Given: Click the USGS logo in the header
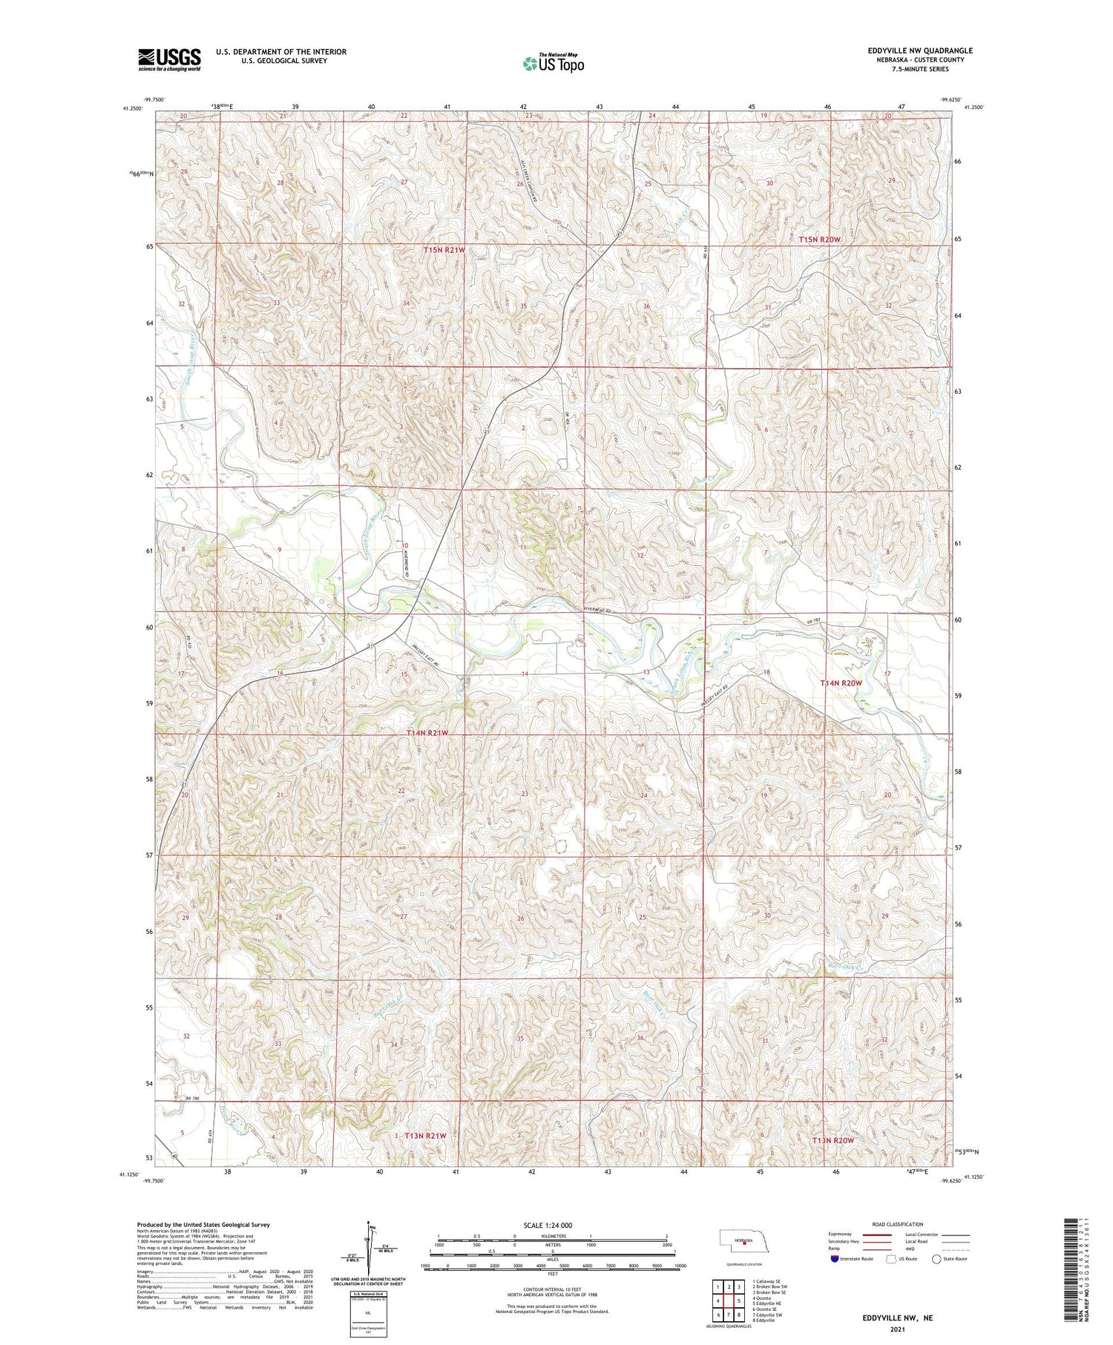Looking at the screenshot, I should (x=169, y=59).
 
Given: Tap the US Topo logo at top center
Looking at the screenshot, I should (x=553, y=63).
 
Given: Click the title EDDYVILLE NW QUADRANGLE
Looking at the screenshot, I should (x=919, y=50).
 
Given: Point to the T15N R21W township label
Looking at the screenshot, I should (x=444, y=251).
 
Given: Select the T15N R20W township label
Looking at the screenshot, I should (x=820, y=240).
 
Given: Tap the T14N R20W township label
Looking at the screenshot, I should (x=841, y=683).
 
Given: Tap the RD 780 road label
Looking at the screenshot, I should (x=194, y=1098).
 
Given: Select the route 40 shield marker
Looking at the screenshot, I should (x=174, y=1155).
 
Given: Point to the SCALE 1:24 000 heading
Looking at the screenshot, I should (x=548, y=1225).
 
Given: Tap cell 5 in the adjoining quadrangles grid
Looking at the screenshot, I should (x=739, y=1300).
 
